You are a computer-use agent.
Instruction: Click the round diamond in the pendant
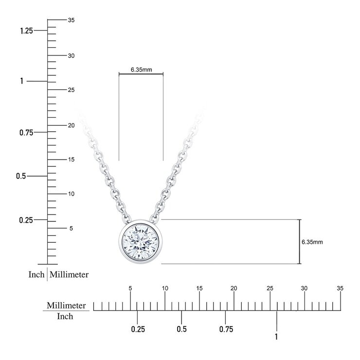click(x=140, y=242)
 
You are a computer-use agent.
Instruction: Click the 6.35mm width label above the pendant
click(x=141, y=70)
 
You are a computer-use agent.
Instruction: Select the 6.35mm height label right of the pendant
click(x=312, y=242)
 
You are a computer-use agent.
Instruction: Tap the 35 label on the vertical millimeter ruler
click(x=71, y=20)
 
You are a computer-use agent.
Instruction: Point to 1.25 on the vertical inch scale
click(x=26, y=31)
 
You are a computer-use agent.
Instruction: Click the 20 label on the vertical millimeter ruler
click(x=71, y=126)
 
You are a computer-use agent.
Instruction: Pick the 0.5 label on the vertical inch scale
click(x=21, y=176)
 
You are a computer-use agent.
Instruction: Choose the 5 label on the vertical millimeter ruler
click(x=71, y=228)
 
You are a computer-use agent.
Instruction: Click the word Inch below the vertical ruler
click(x=36, y=274)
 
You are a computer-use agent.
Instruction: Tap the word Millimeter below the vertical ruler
click(x=69, y=274)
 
